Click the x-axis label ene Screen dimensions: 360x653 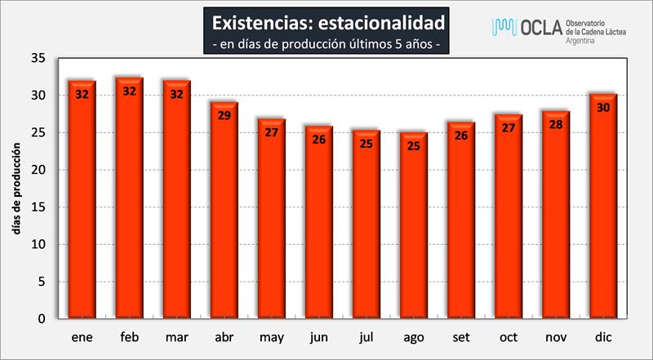tap(82, 336)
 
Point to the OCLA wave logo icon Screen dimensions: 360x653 tap(503, 27)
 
